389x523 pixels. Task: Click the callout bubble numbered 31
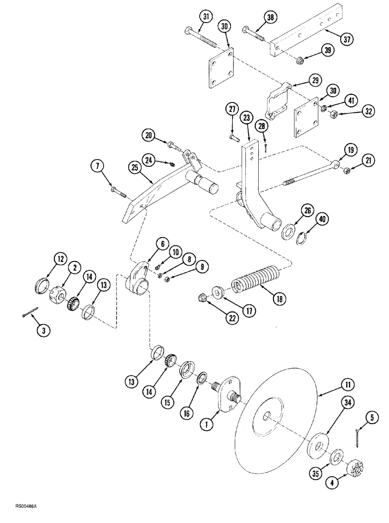tap(205, 17)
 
